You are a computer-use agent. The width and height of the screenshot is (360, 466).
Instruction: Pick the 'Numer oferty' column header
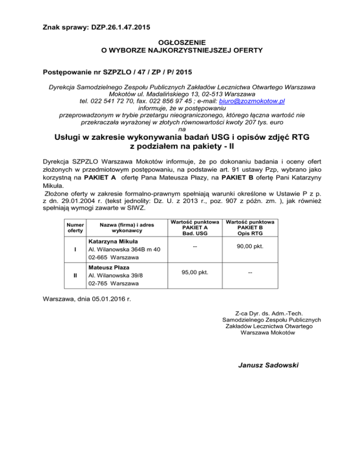(75, 227)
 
